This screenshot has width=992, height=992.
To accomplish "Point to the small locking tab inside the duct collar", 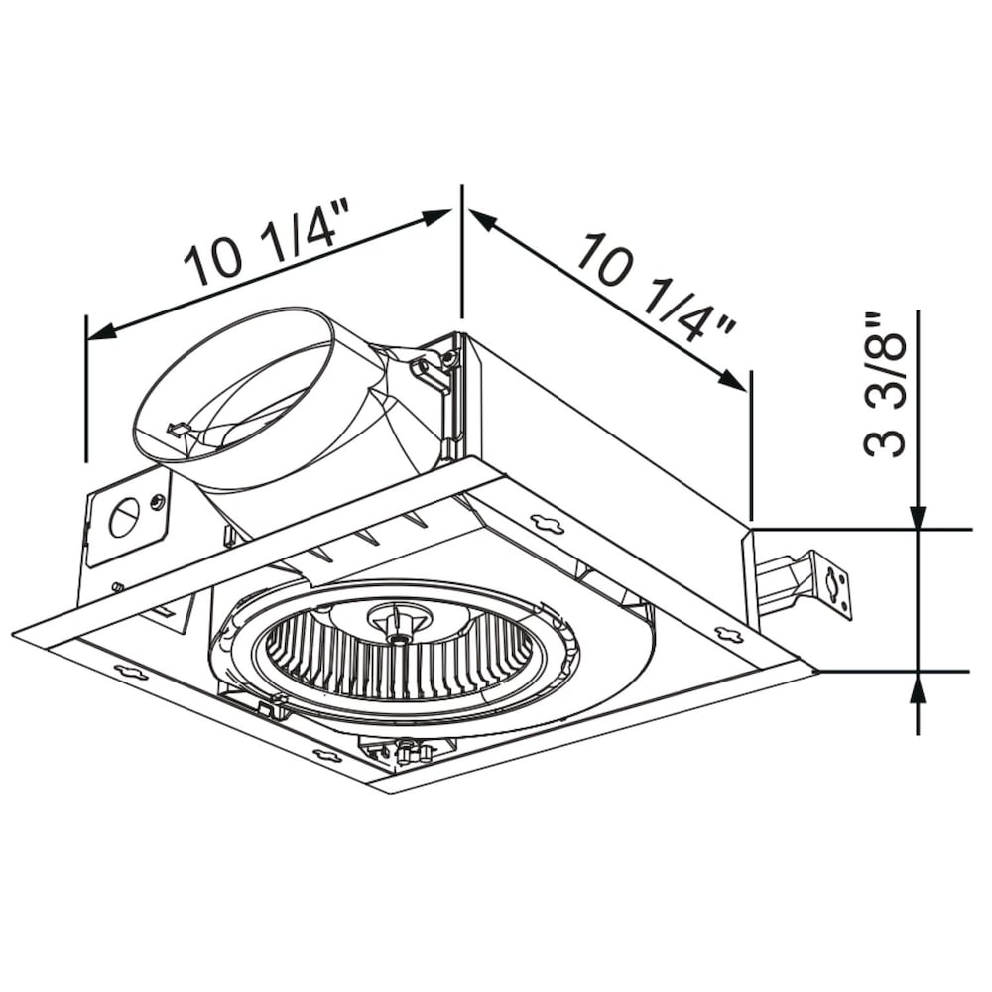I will pos(180,429).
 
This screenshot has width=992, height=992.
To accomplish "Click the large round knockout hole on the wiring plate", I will pos(124,517).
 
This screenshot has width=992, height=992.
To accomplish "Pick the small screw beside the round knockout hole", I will pos(158,501).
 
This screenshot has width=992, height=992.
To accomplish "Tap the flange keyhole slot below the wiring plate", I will pos(130,673).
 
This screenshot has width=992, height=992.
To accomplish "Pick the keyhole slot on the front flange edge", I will pos(327,756).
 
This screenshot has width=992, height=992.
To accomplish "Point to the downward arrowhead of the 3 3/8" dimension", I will pos(918,519).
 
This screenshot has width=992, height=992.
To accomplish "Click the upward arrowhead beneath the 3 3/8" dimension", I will pos(918,684).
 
